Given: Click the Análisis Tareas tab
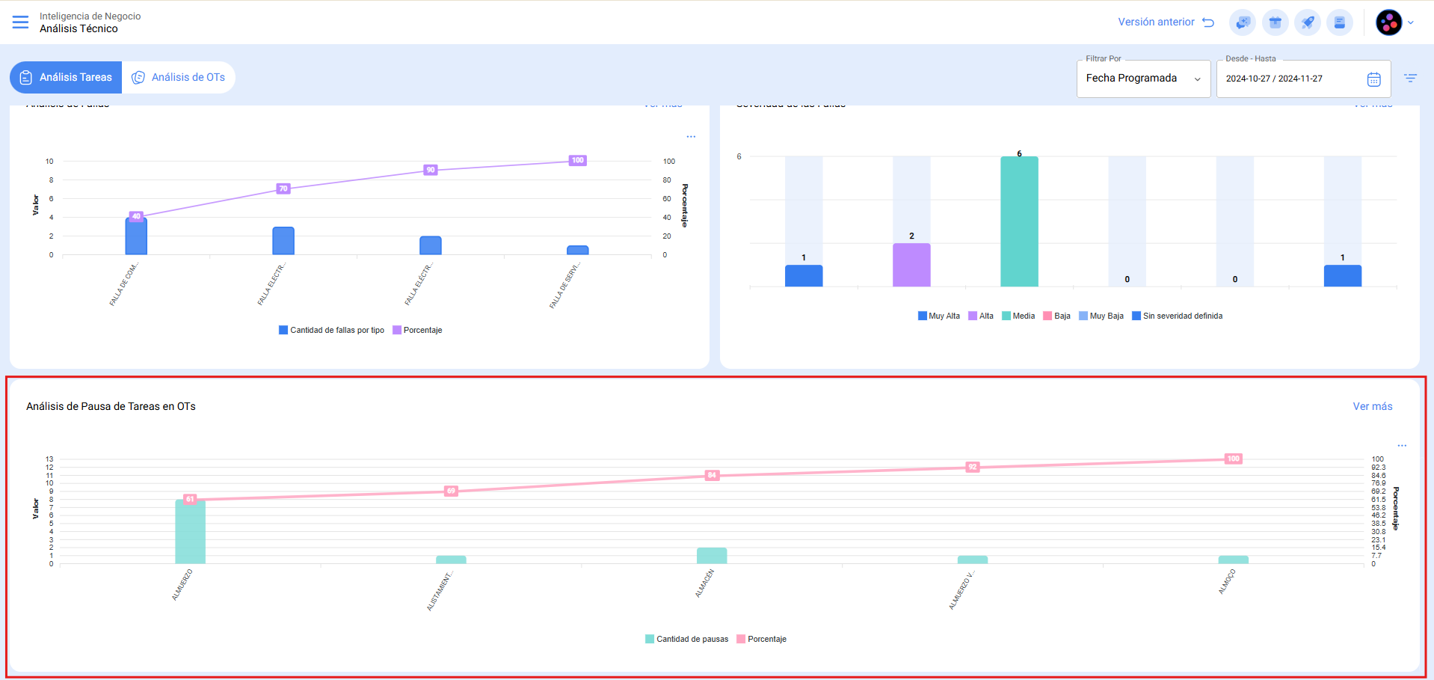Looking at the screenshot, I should (x=66, y=77).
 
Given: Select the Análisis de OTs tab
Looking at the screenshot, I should (x=179, y=77).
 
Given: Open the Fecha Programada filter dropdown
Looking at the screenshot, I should (x=1142, y=79).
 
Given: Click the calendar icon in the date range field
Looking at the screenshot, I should (x=1373, y=79).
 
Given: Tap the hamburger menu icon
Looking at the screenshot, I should (x=20, y=22).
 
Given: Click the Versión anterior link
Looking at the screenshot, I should (x=1165, y=22).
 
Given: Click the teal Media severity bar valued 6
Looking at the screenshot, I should (x=1019, y=221).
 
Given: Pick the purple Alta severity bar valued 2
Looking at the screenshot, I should (x=911, y=265).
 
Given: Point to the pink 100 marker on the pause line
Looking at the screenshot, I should (x=1233, y=459).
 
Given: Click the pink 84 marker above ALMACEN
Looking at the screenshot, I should (x=712, y=475).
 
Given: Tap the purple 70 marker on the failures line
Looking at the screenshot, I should (x=283, y=189).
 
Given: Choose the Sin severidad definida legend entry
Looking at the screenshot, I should (x=1178, y=316).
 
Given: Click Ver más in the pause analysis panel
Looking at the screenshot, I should (x=1372, y=406).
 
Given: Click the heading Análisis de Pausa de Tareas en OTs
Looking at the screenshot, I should (x=111, y=406).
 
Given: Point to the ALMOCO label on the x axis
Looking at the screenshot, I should (x=1227, y=582).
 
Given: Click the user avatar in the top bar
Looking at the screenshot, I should (x=1388, y=22).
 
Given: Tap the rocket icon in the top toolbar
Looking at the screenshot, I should (x=1307, y=22).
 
